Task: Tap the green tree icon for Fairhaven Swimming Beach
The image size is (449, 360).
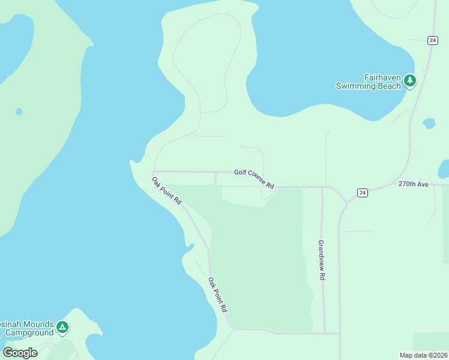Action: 410,80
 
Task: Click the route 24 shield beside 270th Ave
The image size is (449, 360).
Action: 362,193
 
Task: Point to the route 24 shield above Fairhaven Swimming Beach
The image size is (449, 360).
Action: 433,40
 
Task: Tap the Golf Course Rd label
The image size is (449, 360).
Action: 254,179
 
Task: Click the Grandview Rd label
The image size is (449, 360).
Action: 322,261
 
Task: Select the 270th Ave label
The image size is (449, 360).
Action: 413,184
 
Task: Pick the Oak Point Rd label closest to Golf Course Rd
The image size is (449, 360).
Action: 166,191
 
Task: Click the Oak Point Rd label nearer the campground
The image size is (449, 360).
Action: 217,294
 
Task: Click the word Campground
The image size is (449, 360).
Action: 28,332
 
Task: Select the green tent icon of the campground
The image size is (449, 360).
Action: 62,328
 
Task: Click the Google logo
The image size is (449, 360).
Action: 20,353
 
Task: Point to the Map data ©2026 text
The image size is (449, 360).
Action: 423,355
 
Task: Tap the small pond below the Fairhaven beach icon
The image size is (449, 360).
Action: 429,124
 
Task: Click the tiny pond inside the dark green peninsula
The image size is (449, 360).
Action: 19,112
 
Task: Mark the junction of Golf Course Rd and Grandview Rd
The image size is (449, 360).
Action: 322,187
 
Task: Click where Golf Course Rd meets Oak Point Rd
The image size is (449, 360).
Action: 154,172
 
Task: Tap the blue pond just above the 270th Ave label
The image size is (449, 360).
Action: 444,169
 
